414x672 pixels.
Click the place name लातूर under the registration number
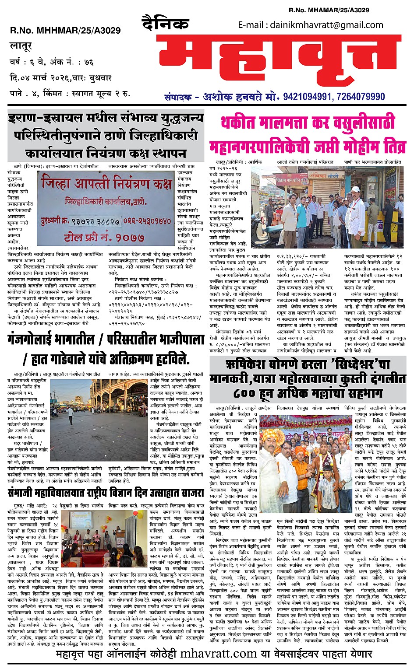click(x=21, y=46)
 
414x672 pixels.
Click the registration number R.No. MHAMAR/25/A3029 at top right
click(x=329, y=10)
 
